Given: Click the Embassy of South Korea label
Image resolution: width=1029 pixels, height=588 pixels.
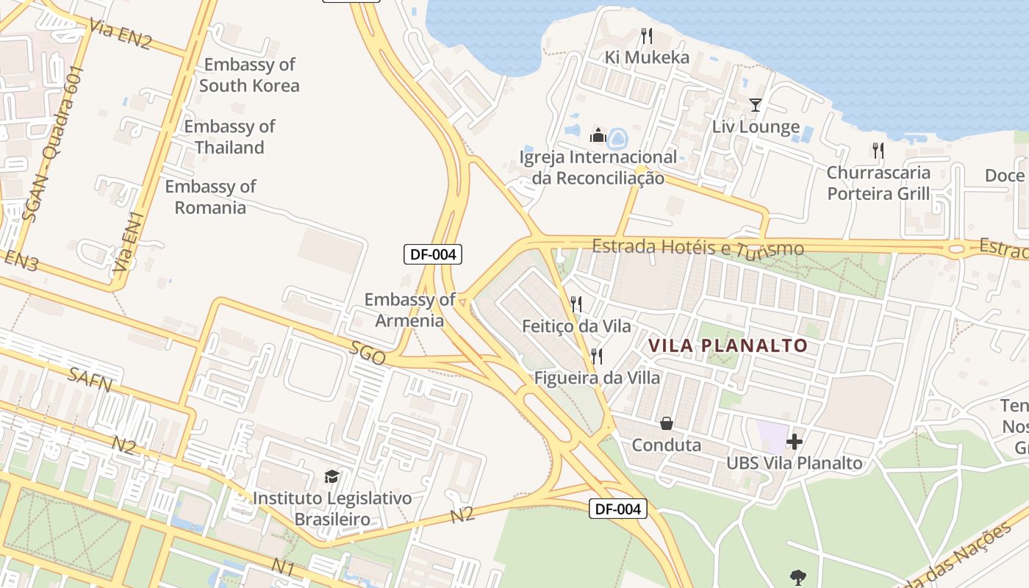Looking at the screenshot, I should point(249,75).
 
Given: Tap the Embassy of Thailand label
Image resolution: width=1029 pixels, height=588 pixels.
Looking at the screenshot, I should point(229,137).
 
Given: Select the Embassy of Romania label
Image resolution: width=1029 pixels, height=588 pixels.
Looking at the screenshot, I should point(210,197).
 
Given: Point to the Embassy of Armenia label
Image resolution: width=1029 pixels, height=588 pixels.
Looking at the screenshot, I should point(410,309).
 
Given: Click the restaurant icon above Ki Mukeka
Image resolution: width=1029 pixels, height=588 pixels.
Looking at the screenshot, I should point(646,35).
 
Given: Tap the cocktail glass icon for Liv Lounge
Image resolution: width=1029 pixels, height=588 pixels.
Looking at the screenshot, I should point(755,105).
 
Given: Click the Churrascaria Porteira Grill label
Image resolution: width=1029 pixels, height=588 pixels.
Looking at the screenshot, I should point(878,183).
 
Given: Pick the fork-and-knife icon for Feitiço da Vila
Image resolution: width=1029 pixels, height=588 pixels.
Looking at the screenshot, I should point(576,304).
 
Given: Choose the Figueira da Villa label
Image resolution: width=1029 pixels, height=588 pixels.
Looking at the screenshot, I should point(597,378).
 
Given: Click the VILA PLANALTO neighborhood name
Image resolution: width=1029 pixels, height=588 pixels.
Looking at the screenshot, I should point(727,345).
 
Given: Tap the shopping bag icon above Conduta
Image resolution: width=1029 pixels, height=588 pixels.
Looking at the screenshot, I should point(667,423).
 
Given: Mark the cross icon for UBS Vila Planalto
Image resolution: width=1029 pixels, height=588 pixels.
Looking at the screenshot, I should point(795,442).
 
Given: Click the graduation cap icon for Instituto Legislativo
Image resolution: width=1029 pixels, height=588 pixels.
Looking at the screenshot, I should point(332,477).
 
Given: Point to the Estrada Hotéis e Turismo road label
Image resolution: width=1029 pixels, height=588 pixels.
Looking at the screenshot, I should point(698,247).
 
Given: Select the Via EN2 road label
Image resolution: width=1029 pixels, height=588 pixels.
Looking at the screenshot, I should point(120,34).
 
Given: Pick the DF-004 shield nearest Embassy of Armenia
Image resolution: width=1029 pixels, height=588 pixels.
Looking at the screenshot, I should point(433,255).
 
